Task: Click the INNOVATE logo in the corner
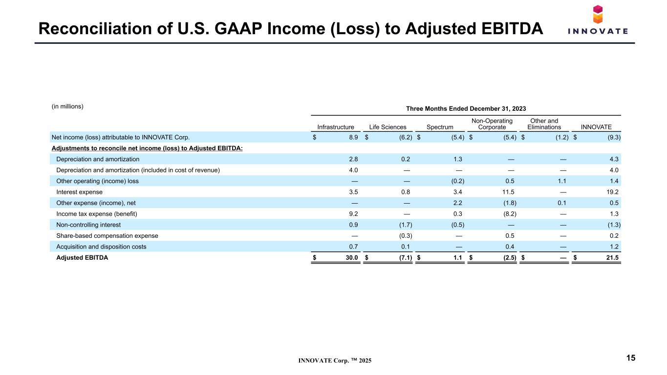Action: pyautogui.click(x=598, y=20)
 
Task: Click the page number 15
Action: pyautogui.click(x=631, y=358)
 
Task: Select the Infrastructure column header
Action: pyautogui.click(x=336, y=127)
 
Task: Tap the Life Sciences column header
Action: pyautogui.click(x=387, y=127)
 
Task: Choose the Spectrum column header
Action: pyautogui.click(x=440, y=127)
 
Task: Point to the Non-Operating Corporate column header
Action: pyautogui.click(x=492, y=124)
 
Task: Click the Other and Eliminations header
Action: pyautogui.click(x=544, y=124)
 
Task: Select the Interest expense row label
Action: pyautogui.click(x=79, y=192)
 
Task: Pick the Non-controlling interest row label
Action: pyautogui.click(x=88, y=225)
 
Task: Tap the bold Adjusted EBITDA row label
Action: pyautogui.click(x=82, y=257)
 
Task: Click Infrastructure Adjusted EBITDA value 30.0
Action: pyautogui.click(x=352, y=257)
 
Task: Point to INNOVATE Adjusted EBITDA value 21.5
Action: pyautogui.click(x=612, y=257)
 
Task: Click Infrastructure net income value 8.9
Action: pyautogui.click(x=353, y=137)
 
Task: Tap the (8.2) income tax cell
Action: pyautogui.click(x=510, y=214)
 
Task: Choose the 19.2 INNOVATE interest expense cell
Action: pyautogui.click(x=612, y=192)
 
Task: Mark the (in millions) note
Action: pyautogui.click(x=67, y=106)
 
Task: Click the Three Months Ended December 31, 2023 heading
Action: pyautogui.click(x=466, y=108)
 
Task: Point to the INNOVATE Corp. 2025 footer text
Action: pyautogui.click(x=335, y=360)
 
